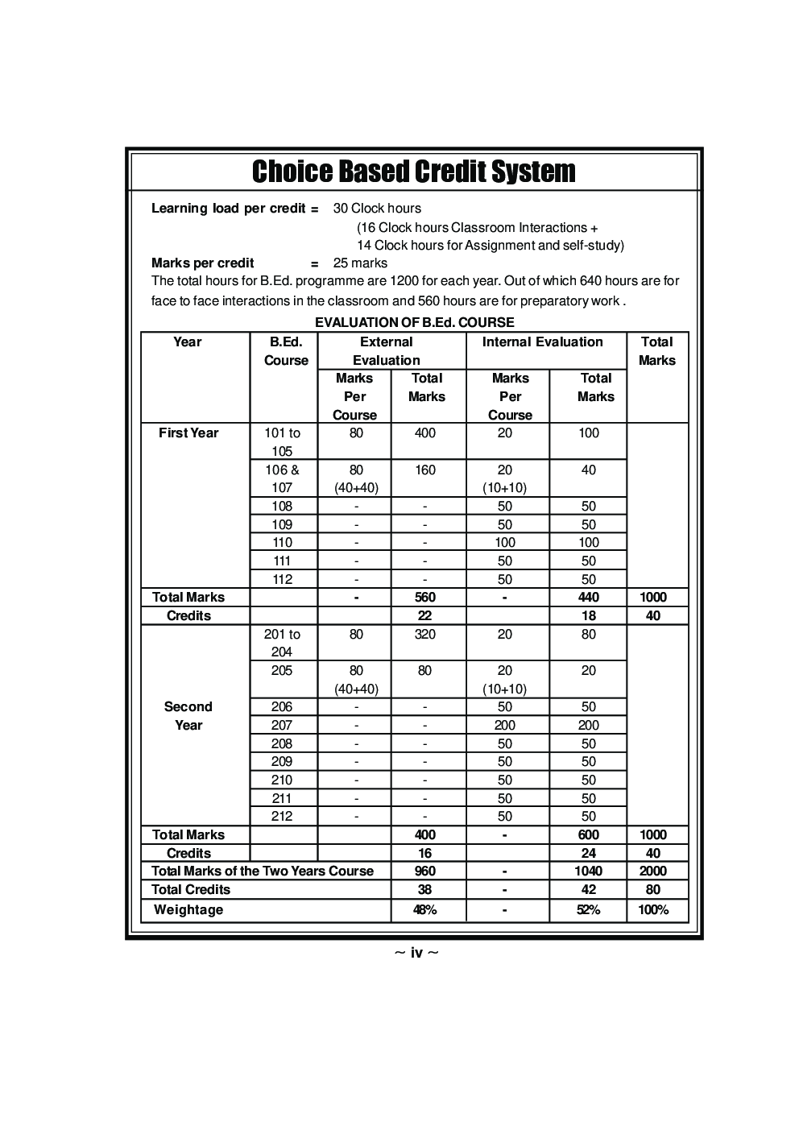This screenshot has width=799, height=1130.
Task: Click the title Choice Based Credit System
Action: click(x=413, y=172)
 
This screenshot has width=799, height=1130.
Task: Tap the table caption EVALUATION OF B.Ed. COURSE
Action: click(x=414, y=322)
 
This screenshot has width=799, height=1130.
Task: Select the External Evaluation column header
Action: click(x=387, y=351)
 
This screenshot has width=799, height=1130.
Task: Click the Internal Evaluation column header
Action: click(x=542, y=342)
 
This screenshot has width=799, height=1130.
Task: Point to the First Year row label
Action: click(x=188, y=433)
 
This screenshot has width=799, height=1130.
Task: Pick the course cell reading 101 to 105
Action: click(x=282, y=442)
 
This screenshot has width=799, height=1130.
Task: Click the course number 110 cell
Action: click(x=282, y=543)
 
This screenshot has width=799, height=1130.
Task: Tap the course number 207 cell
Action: click(x=282, y=726)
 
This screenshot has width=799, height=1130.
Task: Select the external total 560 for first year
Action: click(x=425, y=598)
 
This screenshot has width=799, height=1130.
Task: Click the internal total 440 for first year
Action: click(x=589, y=598)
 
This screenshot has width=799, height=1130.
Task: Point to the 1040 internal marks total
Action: click(x=589, y=871)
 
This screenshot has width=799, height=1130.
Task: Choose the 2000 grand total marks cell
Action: click(x=653, y=871)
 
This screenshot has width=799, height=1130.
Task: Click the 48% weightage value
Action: click(x=425, y=910)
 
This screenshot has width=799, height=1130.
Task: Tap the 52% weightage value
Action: click(x=589, y=910)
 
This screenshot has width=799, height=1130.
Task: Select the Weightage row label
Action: click(x=188, y=910)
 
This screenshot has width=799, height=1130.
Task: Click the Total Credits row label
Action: click(x=191, y=890)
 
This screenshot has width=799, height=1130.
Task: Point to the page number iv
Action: click(x=416, y=954)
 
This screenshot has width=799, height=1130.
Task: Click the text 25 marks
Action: click(x=360, y=263)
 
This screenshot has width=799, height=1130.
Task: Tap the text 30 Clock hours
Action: click(x=377, y=209)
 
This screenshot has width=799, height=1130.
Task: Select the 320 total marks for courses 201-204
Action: click(x=425, y=635)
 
